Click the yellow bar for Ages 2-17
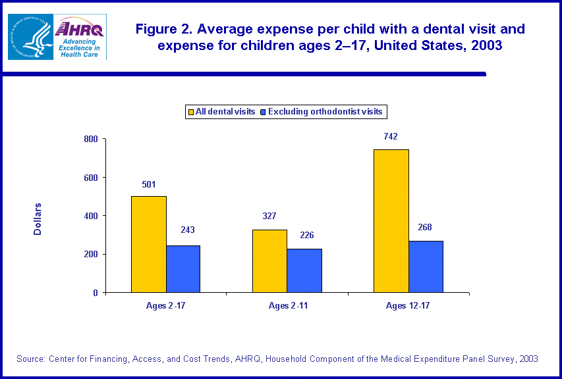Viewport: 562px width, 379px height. coord(148,244)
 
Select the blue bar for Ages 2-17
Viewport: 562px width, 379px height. coord(183,268)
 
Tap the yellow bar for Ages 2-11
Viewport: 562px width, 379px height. coord(269,261)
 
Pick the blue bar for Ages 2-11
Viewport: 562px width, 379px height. coord(304,270)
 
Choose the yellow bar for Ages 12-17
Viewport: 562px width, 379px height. coord(391,220)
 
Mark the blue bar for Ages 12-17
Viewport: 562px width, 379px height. coord(426,266)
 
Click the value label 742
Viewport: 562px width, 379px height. coord(391,137)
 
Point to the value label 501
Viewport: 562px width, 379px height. coord(148,184)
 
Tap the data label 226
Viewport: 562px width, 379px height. coord(304,236)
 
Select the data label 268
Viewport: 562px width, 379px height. coord(426,228)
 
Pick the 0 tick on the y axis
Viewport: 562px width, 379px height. coord(95,293)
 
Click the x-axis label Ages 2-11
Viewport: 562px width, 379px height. coord(287,306)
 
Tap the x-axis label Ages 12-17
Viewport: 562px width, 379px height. coord(408,306)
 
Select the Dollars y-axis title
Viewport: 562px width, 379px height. coord(38,218)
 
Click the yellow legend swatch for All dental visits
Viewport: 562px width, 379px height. coord(190,112)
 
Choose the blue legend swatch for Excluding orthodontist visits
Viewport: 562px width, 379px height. coord(263,112)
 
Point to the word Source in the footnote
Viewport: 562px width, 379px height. coord(32,359)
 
